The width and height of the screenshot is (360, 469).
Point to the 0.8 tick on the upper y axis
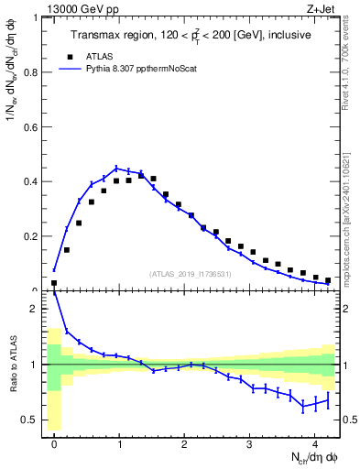tap(33, 71)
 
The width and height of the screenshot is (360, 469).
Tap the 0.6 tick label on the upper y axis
tap(33, 126)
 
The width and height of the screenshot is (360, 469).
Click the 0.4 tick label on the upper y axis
tap(33, 181)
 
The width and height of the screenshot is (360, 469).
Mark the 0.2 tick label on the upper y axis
tap(33, 236)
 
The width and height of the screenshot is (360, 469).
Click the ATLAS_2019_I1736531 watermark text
tap(191, 274)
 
